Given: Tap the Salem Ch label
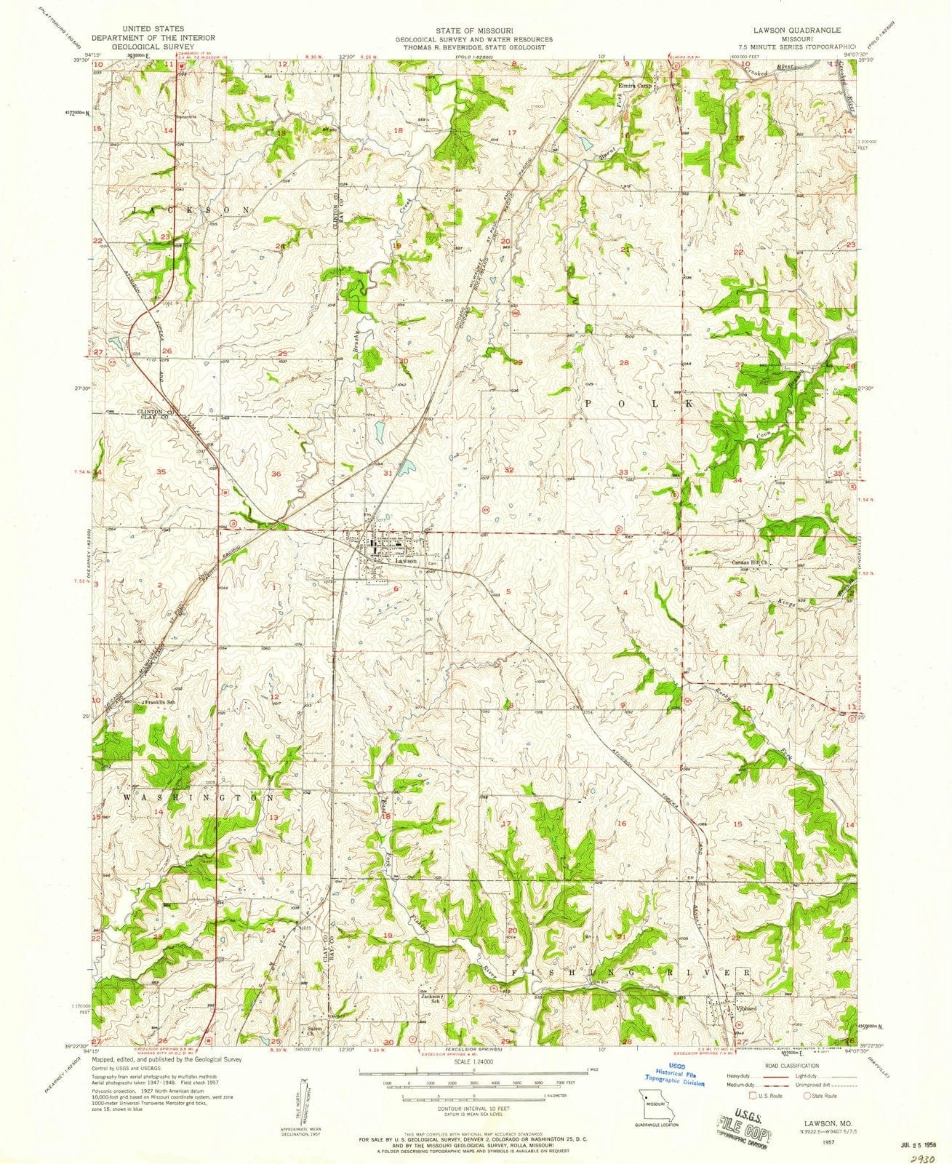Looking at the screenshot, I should click(x=309, y=1032).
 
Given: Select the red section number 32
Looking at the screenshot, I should click(x=510, y=471).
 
